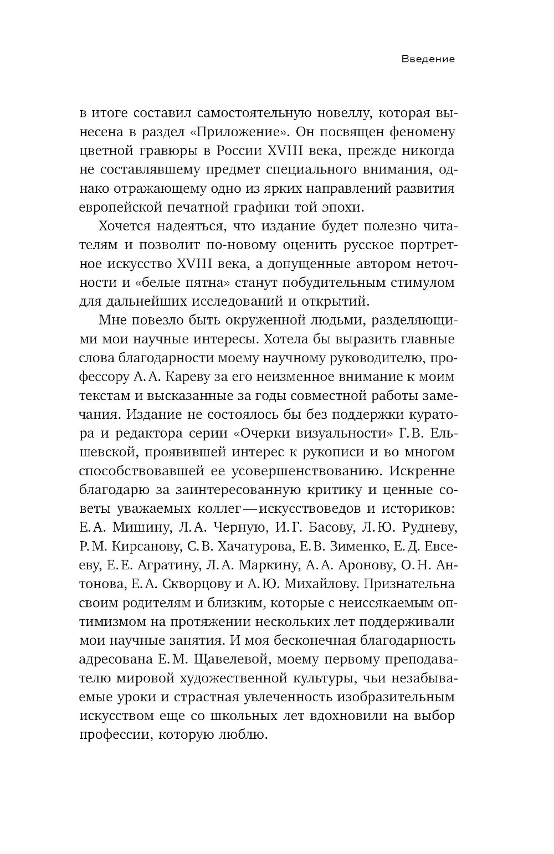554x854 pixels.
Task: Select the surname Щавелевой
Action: (224, 659)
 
